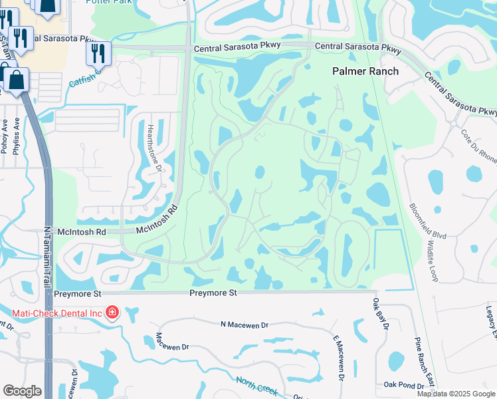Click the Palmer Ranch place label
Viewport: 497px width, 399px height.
(365, 71)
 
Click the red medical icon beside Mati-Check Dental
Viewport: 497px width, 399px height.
(112, 312)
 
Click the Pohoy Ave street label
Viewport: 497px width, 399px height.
(5, 136)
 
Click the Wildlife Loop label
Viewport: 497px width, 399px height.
(432, 260)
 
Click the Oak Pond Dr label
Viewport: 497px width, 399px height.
(404, 385)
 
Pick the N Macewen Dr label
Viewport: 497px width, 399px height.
(244, 325)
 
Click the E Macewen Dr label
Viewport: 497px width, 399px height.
(337, 358)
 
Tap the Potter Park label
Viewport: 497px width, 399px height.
(110, 3)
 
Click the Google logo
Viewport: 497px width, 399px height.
(22, 391)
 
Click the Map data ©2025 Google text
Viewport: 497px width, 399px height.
(455, 394)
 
